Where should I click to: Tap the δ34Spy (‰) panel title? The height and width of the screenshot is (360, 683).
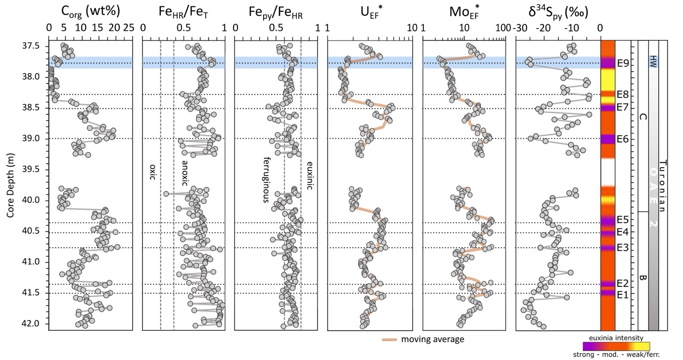click(557, 11)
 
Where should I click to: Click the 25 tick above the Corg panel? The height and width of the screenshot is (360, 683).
click(130, 28)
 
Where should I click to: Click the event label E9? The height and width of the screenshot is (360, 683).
click(623, 63)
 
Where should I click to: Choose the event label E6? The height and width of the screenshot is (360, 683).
click(623, 139)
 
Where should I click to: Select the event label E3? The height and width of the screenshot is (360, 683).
click(623, 247)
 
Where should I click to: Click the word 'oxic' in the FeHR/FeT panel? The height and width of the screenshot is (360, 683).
click(152, 172)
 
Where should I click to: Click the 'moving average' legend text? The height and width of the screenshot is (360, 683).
click(432, 339)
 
